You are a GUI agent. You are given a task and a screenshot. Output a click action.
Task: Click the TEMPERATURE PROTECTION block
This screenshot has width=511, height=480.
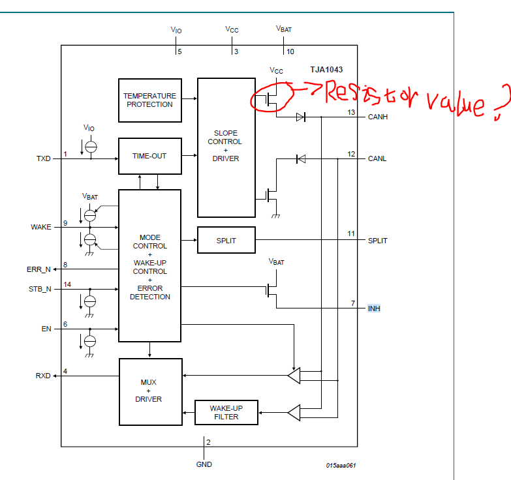click(x=149, y=100)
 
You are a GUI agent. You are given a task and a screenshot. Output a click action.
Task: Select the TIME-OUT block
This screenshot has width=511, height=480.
click(x=149, y=157)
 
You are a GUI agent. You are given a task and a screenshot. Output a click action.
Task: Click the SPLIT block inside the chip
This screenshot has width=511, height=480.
click(x=226, y=241)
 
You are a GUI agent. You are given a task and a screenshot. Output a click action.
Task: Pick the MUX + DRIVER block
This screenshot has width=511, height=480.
click(x=149, y=391)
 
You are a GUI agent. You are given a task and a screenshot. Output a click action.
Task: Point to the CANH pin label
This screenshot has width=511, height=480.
click(x=378, y=118)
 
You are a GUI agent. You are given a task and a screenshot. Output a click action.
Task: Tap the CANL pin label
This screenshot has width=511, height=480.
click(x=377, y=158)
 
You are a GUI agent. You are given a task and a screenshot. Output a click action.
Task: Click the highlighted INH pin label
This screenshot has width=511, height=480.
click(x=374, y=308)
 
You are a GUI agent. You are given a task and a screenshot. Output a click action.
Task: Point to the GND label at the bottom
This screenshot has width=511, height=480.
click(x=204, y=464)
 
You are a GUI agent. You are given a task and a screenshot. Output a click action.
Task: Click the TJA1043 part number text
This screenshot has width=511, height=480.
click(x=326, y=70)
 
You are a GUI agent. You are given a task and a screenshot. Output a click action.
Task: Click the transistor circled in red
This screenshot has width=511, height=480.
click(x=272, y=99)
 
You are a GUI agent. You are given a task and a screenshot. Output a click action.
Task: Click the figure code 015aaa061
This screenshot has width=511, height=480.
click(x=341, y=465)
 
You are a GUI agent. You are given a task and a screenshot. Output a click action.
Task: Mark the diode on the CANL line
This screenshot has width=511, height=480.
click(x=300, y=158)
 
